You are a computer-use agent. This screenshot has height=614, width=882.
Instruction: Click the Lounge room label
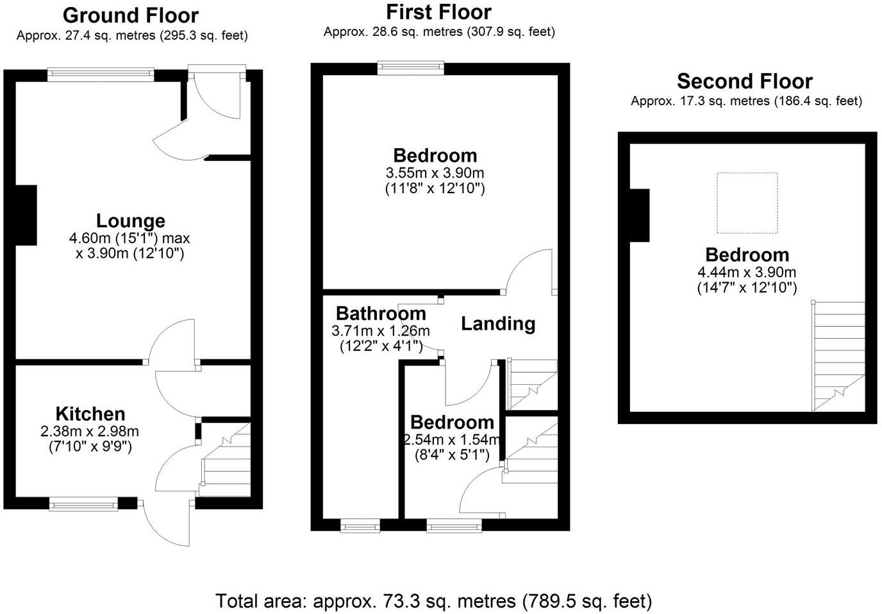point(131,221)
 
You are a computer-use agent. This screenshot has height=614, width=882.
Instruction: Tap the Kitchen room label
point(90,414)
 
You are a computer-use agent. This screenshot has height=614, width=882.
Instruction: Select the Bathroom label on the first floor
point(381,313)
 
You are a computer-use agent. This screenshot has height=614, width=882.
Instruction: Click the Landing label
point(498,323)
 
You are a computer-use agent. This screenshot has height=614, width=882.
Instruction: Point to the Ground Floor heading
point(131,15)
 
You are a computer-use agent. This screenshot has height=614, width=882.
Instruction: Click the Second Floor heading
point(745,81)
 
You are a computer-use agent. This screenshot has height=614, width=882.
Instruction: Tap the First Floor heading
point(439,12)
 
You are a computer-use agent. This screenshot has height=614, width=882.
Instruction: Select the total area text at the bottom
point(434,601)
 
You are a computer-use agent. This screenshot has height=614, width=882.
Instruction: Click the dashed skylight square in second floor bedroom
point(747,203)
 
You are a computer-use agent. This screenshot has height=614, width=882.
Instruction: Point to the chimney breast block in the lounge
point(25,214)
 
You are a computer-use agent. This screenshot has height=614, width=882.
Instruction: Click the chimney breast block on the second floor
point(640,215)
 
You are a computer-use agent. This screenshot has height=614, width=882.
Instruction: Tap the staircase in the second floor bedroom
point(838,356)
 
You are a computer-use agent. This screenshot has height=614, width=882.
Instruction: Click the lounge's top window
point(101,74)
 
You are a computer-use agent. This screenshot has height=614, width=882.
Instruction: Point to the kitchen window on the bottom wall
point(84,505)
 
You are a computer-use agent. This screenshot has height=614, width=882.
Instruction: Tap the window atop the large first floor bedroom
point(410,67)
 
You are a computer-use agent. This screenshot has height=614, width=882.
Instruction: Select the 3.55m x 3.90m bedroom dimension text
point(435,173)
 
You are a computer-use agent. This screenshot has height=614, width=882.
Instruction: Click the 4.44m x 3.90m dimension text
point(747,272)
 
